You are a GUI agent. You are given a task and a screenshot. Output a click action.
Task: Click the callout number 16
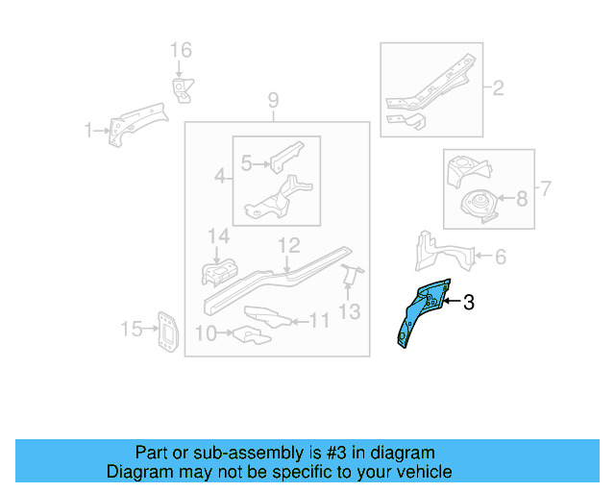click(182, 50)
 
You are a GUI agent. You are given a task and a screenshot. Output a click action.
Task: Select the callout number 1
click(88, 131)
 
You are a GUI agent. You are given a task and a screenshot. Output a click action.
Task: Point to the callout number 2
click(498, 90)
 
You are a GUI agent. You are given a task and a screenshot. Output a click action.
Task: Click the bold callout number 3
click(469, 303)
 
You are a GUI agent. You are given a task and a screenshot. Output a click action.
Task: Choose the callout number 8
click(522, 200)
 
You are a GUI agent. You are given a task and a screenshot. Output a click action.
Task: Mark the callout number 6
click(500, 257)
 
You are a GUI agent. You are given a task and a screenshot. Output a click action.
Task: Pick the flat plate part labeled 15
click(167, 332)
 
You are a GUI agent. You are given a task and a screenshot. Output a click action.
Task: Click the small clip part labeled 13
click(350, 273)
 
